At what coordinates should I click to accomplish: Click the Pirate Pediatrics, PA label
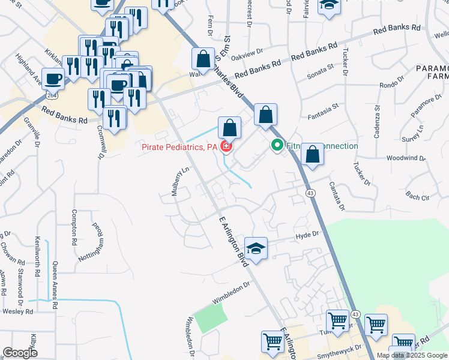coord(179,146)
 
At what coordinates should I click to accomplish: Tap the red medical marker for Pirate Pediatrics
coord(226,146)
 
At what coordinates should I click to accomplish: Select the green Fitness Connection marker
coord(277,145)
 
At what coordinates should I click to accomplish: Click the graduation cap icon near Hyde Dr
coord(256,248)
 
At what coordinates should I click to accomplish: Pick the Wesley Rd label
coord(17,311)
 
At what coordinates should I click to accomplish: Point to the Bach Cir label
coord(418,196)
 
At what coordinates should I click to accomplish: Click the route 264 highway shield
coord(53,96)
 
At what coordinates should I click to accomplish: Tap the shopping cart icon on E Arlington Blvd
coord(273,342)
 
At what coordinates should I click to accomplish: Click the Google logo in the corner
coord(20,353)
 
